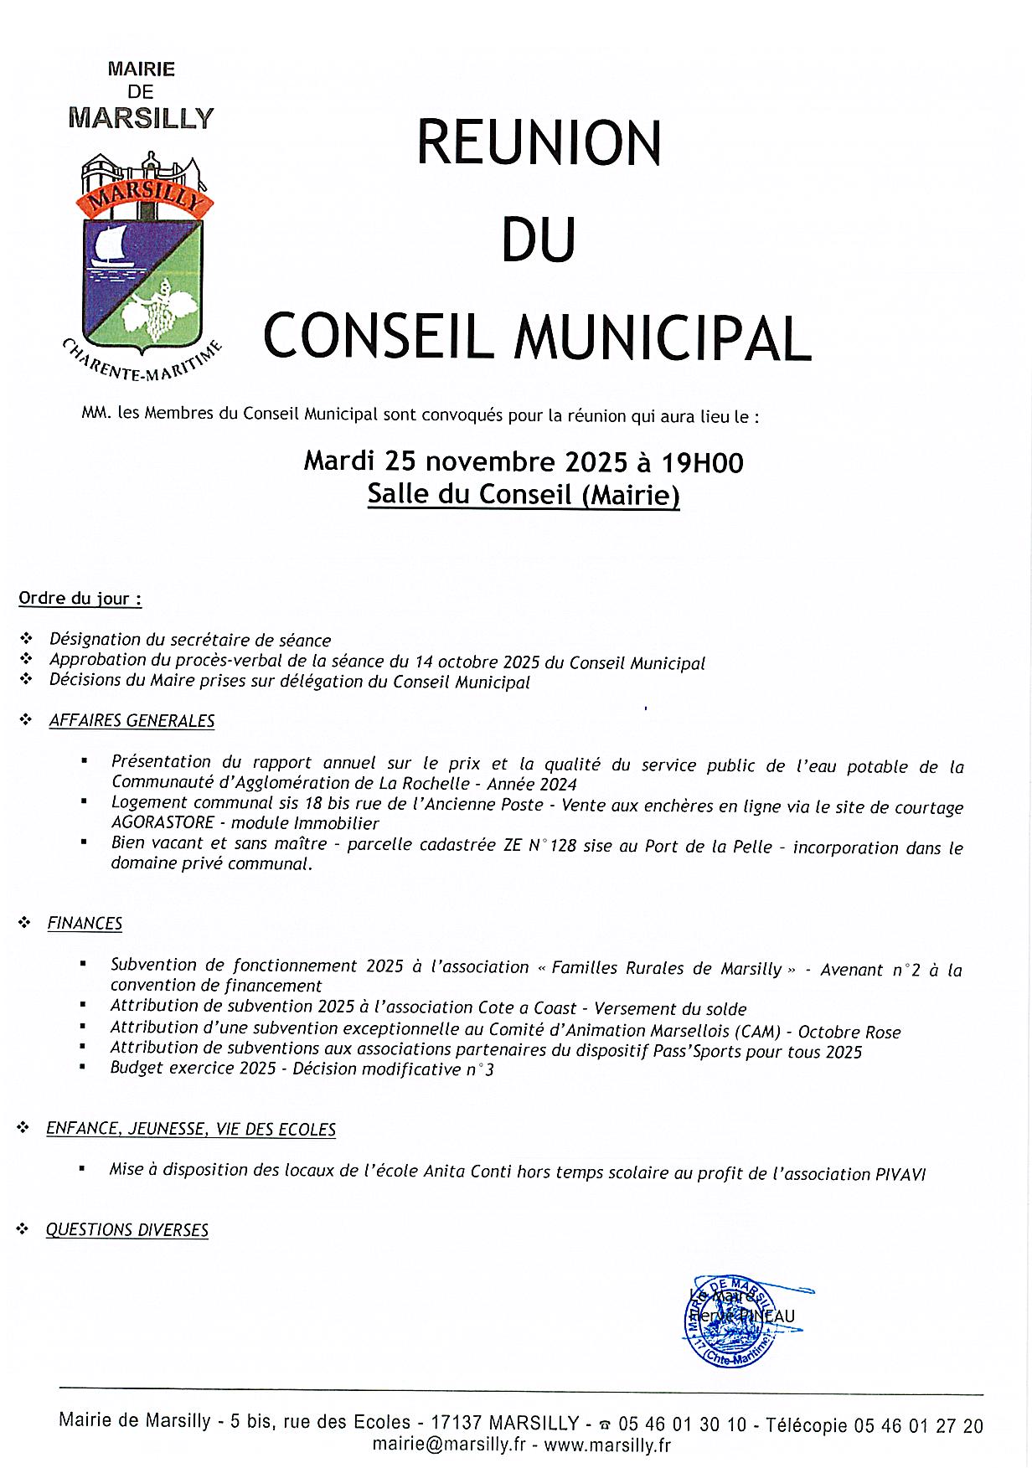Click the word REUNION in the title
[x=539, y=143]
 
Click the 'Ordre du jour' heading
[x=80, y=599]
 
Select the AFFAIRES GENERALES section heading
[x=132, y=720]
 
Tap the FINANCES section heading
[x=85, y=923]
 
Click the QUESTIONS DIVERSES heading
[x=126, y=1229]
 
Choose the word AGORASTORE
[x=163, y=822]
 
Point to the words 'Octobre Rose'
[x=849, y=1032]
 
